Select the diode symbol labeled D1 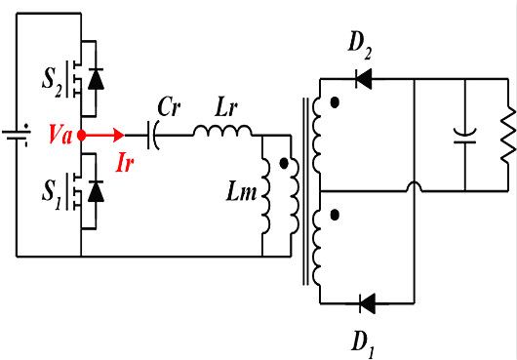(368, 304)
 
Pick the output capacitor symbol (465, 136)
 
